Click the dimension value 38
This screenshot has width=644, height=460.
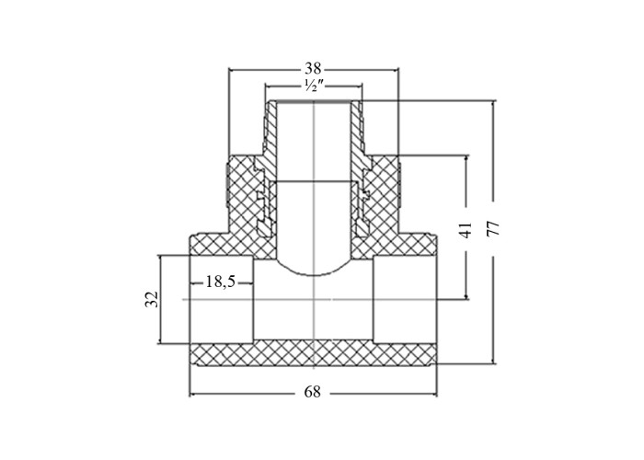(x=313, y=68)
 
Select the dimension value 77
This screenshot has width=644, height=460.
(x=492, y=228)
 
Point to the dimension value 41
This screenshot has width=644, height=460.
(x=466, y=230)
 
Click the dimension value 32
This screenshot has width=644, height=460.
(x=152, y=299)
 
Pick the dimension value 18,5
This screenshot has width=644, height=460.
(x=221, y=282)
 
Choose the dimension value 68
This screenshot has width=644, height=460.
(x=312, y=392)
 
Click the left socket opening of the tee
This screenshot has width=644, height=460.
(x=222, y=299)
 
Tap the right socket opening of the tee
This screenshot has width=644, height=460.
(x=405, y=299)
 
